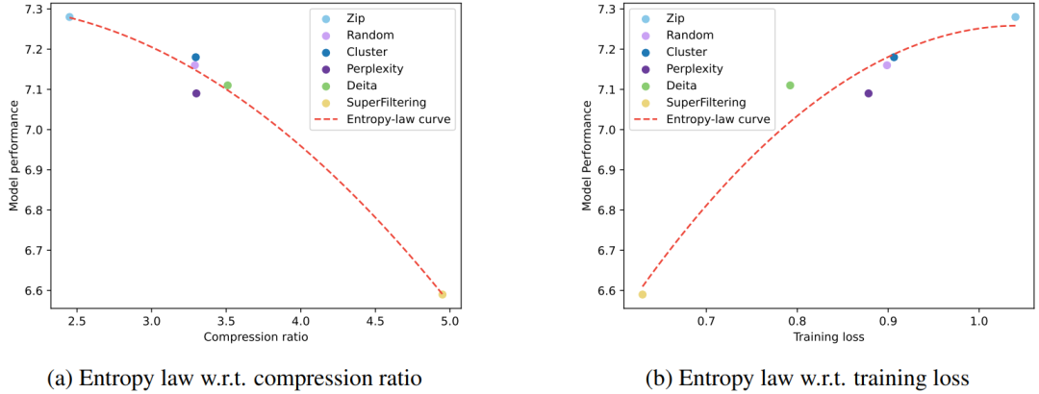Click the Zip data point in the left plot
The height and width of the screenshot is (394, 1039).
coord(69,17)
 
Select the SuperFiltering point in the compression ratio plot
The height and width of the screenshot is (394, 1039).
coord(443,294)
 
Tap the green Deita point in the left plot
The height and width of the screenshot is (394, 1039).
coord(228,86)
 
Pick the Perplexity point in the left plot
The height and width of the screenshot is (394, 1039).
coord(196,93)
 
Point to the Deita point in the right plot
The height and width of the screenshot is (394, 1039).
coord(790,86)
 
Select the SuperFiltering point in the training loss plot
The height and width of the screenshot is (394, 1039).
coord(643,294)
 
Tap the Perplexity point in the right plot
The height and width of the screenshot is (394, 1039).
coord(868,93)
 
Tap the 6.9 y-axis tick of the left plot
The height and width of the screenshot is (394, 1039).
coord(34,169)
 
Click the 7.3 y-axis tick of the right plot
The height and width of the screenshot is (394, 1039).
coord(609,10)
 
